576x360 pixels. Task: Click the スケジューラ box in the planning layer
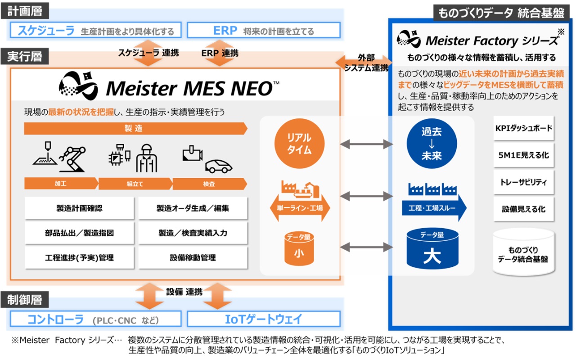click(96, 31)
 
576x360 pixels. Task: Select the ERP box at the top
click(263, 31)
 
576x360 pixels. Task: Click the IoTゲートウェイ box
click(263, 319)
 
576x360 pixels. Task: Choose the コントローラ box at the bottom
click(96, 319)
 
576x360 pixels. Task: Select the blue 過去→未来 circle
click(431, 144)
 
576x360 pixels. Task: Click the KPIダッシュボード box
click(523, 129)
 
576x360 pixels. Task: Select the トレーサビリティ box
click(523, 182)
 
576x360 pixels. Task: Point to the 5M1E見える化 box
click(523, 156)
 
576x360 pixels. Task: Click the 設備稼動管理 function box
click(193, 258)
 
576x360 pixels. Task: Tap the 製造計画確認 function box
click(79, 208)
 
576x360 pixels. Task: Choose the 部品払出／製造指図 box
click(79, 233)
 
